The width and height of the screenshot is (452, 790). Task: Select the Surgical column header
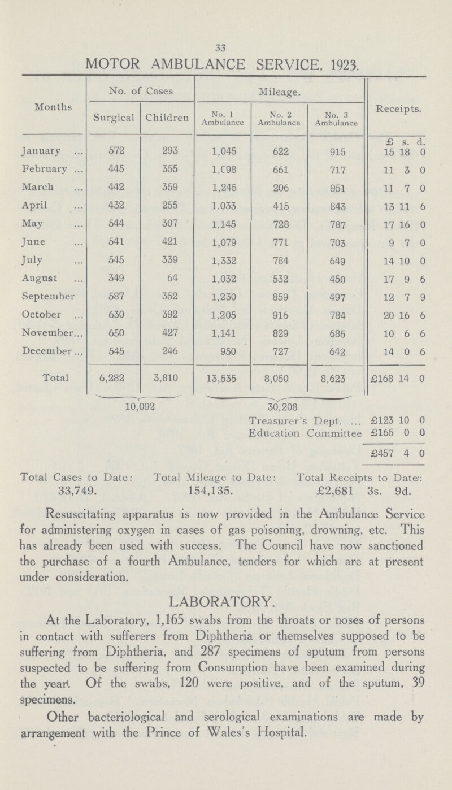[114, 120]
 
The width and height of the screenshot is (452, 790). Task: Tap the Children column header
[166, 120]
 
